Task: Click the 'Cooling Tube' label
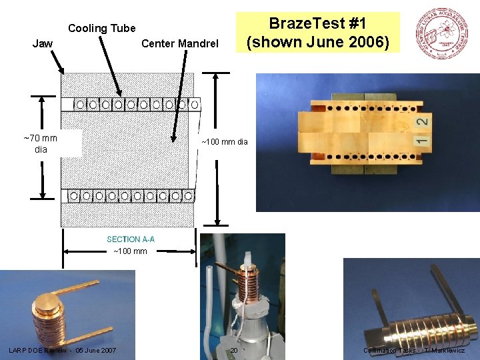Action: point(101,29)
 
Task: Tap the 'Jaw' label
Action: point(43,44)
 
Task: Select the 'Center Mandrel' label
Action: point(180,44)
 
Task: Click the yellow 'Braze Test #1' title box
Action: point(323,33)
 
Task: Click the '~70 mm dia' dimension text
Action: point(41,143)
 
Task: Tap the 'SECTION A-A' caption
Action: point(131,239)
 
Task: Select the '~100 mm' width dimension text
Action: point(130,251)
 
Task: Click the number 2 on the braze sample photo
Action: point(422,121)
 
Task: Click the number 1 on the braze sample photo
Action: point(421,141)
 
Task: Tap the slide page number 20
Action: point(234,351)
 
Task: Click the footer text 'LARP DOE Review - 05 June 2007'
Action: point(63,351)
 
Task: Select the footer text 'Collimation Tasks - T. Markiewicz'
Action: point(414,351)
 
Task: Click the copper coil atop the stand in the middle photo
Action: point(247,280)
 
